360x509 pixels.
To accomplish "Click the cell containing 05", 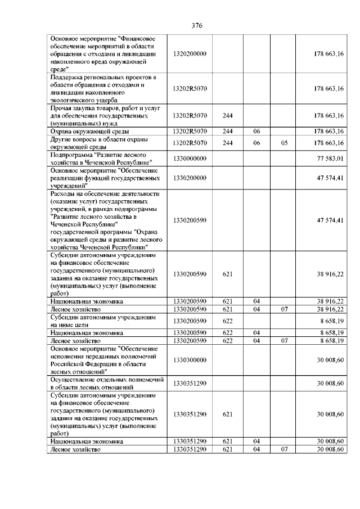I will point(284,143).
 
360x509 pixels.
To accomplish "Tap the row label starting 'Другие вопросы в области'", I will point(96,143).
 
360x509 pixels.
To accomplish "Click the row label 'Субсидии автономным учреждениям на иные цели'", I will point(96,321).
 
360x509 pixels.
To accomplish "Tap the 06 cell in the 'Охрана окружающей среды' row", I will point(256,131).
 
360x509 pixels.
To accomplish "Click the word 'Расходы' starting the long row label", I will point(62,193).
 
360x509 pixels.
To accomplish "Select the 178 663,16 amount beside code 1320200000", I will point(329,53).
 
